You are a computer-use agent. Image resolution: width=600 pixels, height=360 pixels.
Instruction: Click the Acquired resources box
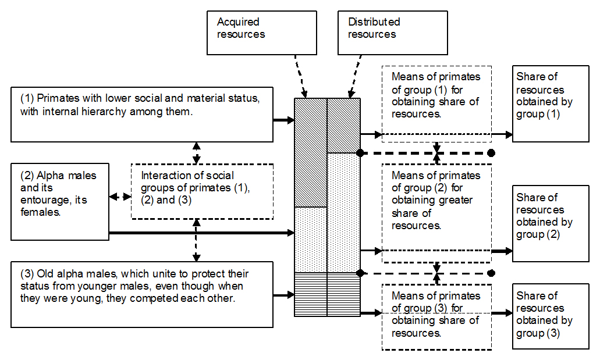[261, 33]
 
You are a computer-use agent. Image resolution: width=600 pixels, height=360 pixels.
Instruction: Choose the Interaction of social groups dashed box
[202, 190]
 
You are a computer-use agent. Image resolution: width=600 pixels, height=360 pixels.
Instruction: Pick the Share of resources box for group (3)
[542, 316]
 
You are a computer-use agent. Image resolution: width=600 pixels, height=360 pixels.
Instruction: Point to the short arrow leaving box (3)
[284, 295]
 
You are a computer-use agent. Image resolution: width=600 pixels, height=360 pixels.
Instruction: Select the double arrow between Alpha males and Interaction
[120, 197]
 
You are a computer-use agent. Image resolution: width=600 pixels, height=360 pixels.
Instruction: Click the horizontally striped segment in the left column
[311, 294]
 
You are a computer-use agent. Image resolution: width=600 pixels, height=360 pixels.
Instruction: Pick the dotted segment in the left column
[311, 240]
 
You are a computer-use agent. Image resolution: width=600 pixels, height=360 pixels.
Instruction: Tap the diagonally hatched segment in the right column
[343, 125]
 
